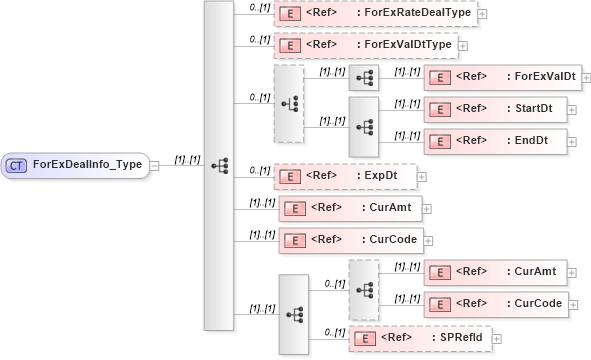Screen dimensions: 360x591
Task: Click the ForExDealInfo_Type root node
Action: coord(77,165)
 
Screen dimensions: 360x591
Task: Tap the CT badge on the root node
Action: coord(17,165)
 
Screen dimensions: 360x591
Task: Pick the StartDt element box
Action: coord(495,109)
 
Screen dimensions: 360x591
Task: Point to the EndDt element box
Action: coord(493,141)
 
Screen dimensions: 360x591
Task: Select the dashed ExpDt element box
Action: coord(344,176)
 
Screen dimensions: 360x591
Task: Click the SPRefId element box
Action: coord(420,338)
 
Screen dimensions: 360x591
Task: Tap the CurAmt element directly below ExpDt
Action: coord(349,208)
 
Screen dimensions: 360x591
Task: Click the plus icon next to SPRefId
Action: coord(497,339)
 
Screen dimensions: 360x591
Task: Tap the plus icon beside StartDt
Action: coord(574,109)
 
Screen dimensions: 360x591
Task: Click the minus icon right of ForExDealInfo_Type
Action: coord(155,166)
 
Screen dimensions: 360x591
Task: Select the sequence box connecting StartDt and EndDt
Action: coord(363,126)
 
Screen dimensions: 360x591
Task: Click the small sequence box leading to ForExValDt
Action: coord(363,78)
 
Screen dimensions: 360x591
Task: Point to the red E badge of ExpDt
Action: coord(289,176)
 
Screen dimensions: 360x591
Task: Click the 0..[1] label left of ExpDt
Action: coord(259,170)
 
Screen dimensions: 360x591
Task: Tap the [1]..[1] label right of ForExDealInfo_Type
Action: coord(187,159)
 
